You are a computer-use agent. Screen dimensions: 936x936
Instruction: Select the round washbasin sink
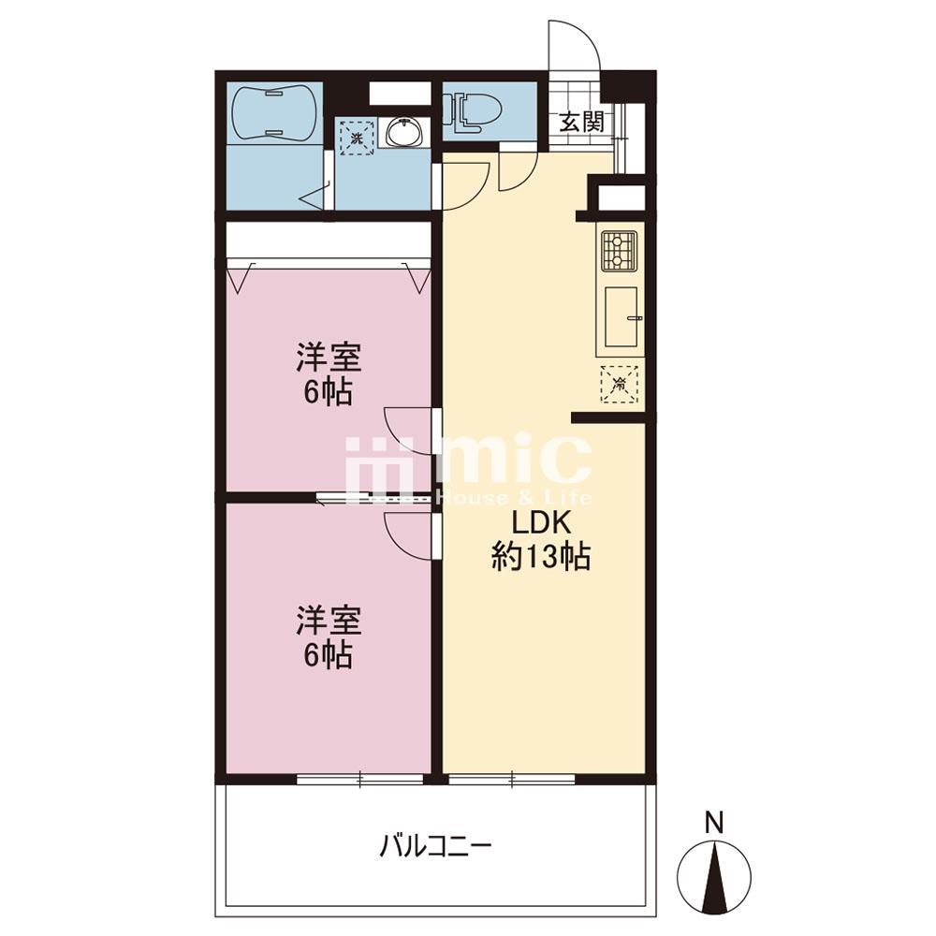[x=404, y=132]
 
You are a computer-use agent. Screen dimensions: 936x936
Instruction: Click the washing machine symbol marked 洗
[x=357, y=138]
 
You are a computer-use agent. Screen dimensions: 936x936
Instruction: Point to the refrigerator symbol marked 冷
[x=620, y=384]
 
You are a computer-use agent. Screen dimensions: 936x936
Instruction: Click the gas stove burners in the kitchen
[x=619, y=251]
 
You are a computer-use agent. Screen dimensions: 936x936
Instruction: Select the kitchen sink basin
[x=622, y=316]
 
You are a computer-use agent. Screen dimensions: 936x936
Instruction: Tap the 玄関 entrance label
[x=581, y=123]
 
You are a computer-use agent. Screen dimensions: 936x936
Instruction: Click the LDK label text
[x=541, y=523]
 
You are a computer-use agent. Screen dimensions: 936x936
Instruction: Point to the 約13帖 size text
[x=541, y=558]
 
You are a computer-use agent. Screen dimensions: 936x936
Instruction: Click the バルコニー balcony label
[x=436, y=846]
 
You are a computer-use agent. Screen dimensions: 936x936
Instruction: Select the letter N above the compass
[x=714, y=823]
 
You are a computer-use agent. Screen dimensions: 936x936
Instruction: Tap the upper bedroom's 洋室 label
[x=329, y=358]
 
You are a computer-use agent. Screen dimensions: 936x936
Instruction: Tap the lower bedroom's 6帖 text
[x=328, y=656]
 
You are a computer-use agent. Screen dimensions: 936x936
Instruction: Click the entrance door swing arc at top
[x=588, y=36]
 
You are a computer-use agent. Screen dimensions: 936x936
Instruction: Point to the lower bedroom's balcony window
[x=360, y=779]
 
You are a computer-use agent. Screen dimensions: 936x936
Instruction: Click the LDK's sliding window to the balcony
[x=512, y=779]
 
